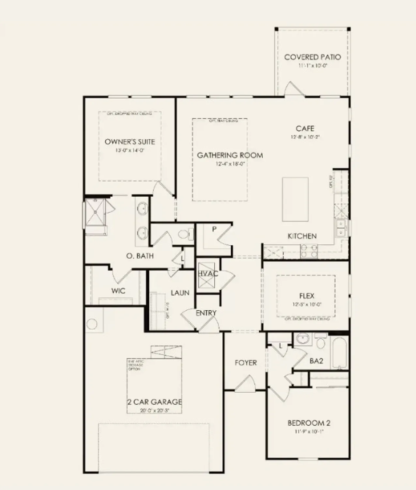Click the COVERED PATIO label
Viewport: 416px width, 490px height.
click(312, 57)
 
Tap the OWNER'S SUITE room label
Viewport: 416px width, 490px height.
click(130, 142)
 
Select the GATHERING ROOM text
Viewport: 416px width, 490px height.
click(230, 155)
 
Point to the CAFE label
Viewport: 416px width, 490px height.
click(305, 128)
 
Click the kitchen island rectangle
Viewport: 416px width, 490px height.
click(295, 199)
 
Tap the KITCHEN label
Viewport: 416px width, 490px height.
click(302, 236)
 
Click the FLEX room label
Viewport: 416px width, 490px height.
click(307, 296)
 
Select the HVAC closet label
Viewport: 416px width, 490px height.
click(208, 273)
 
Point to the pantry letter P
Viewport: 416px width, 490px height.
click(214, 229)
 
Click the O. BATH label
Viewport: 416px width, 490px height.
click(140, 256)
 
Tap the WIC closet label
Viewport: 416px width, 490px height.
click(118, 291)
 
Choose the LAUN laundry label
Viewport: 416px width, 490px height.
click(180, 293)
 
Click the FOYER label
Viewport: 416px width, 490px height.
click(246, 363)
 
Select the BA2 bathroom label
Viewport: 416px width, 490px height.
click(316, 361)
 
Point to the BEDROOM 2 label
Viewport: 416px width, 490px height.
click(309, 423)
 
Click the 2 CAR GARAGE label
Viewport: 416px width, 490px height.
click(154, 402)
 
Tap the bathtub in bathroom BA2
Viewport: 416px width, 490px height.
click(339, 353)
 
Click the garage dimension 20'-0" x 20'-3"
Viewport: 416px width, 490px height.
click(154, 410)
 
